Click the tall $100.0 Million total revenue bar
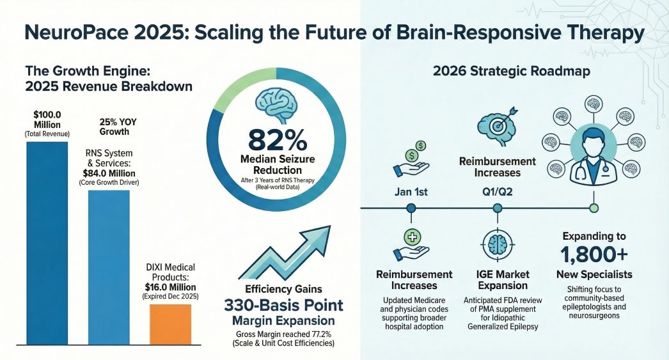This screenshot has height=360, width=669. click(x=47, y=243)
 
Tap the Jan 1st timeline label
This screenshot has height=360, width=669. click(x=411, y=191)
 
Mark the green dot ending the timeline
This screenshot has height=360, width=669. click(x=594, y=208)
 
